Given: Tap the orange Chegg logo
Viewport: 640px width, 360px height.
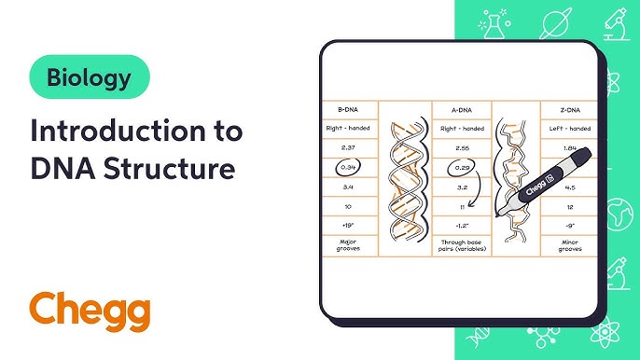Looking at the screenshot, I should (x=89, y=310).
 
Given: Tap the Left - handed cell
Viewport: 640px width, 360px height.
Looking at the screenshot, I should (x=566, y=128).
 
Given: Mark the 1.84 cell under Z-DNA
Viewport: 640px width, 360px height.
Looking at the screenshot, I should (x=566, y=147).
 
